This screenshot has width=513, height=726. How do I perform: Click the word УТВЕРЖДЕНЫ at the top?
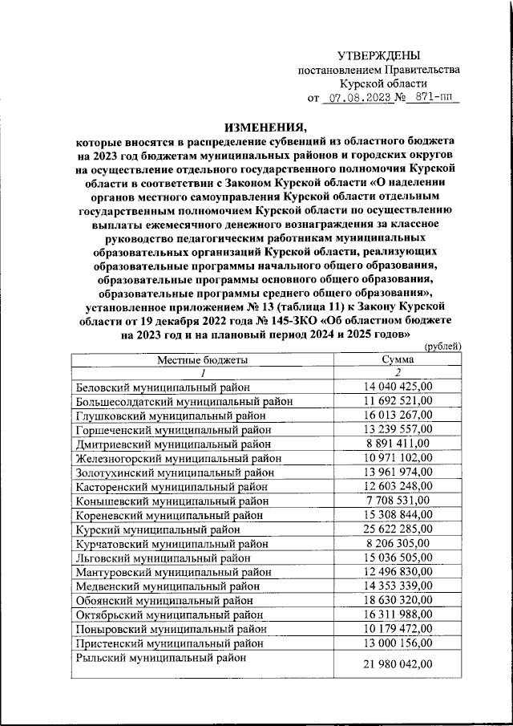coord(378,55)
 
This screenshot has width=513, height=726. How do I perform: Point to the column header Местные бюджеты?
coord(202,359)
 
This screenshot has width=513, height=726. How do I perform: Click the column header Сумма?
coord(398,359)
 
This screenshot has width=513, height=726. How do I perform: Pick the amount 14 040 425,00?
coord(398,387)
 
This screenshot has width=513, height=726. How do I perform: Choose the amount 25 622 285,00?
coord(398,530)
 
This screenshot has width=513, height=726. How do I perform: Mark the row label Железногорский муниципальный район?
coord(178,459)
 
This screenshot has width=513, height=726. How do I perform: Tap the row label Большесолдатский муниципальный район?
coord(183,402)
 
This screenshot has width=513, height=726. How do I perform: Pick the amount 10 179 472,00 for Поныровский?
coord(398,630)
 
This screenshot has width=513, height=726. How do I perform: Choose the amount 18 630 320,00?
coord(398,602)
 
